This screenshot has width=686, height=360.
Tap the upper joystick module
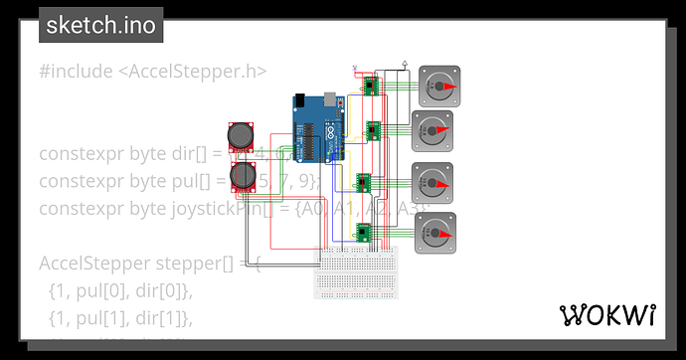(242, 136)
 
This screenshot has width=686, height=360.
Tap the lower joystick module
(242, 177)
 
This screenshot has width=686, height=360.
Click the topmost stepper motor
(437, 87)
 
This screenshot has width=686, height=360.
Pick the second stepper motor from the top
(431, 130)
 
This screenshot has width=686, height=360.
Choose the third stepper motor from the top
(433, 182)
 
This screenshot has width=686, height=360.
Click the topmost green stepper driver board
(371, 87)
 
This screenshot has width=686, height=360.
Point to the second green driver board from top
(373, 130)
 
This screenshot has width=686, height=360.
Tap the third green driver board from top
(364, 183)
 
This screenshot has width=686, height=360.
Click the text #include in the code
(76, 70)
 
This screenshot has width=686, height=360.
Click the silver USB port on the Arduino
(299, 102)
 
